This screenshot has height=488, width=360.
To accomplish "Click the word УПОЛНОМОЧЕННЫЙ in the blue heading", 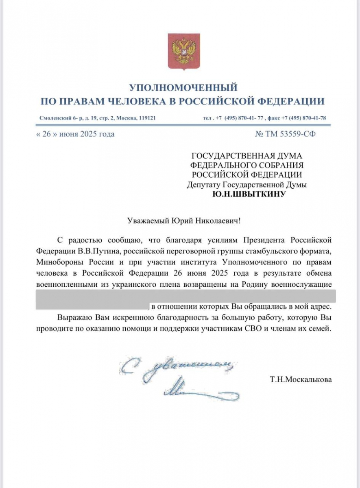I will point(183,87).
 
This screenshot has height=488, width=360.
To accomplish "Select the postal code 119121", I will point(145,118).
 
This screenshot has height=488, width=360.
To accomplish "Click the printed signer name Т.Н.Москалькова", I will point(300,380).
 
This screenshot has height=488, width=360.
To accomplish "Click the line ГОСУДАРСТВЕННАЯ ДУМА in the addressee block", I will point(247,155).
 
